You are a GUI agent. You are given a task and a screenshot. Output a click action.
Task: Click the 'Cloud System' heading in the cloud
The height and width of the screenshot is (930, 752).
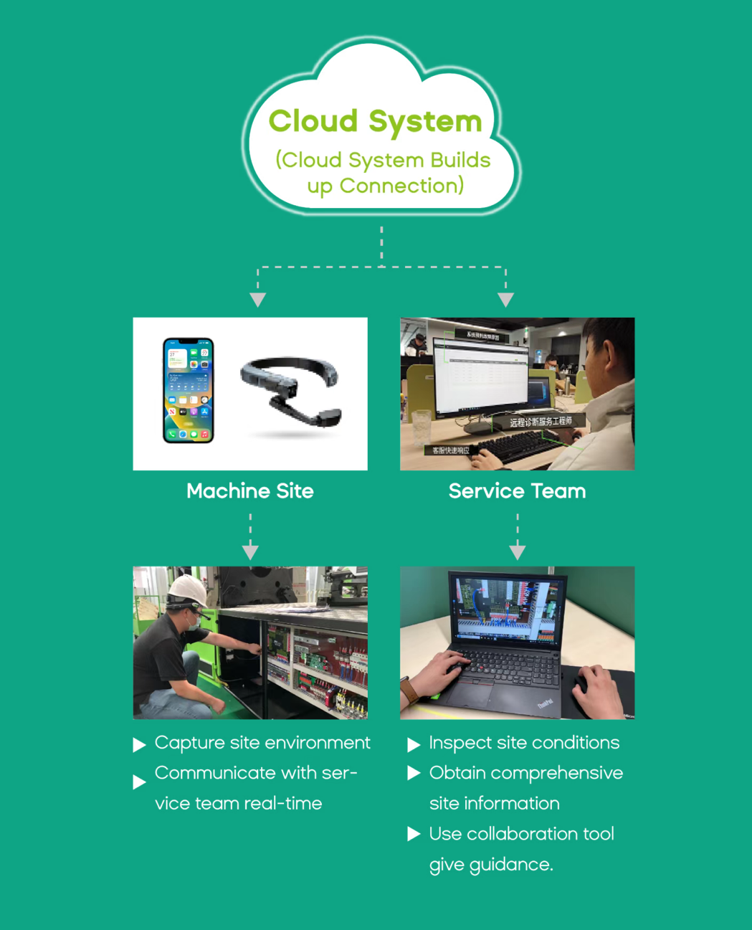pyautogui.click(x=375, y=121)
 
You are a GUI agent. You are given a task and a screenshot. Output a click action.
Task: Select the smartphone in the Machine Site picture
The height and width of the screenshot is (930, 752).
pyautogui.click(x=189, y=390)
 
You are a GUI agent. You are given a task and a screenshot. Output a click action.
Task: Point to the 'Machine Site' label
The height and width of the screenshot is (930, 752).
pyautogui.click(x=249, y=491)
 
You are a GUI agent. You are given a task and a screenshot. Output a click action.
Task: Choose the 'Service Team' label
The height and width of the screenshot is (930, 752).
pyautogui.click(x=517, y=491)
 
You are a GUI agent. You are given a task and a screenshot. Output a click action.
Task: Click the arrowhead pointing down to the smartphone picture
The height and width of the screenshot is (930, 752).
pyautogui.click(x=258, y=300)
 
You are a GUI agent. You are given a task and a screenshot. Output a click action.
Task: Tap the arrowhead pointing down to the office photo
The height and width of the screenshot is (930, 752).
pyautogui.click(x=505, y=300)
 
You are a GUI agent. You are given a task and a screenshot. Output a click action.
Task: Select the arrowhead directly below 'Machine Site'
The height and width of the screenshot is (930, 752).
pyautogui.click(x=250, y=552)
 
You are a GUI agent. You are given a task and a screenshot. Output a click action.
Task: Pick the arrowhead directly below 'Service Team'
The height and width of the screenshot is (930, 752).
pyautogui.click(x=518, y=552)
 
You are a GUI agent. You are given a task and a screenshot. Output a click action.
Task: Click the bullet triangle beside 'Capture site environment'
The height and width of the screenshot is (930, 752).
pyautogui.click(x=139, y=746)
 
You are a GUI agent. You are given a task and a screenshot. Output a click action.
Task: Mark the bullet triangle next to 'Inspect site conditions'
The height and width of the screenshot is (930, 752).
pyautogui.click(x=414, y=745)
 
